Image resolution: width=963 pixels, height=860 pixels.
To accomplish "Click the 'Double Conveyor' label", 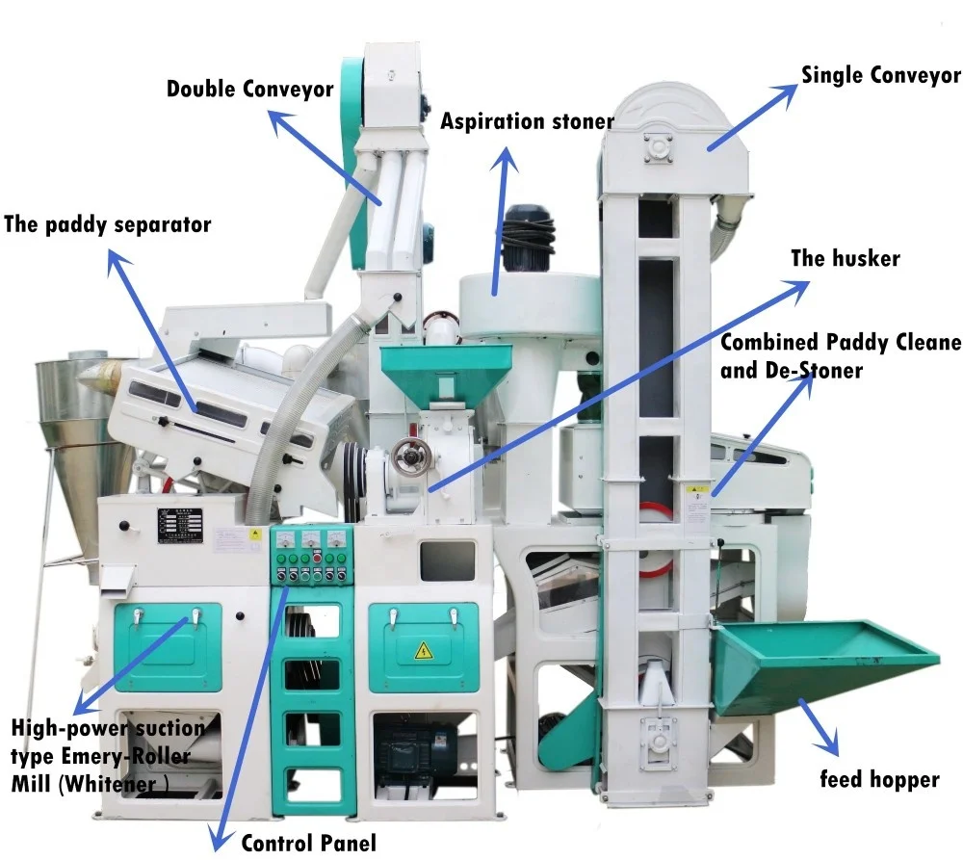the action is click(249, 90).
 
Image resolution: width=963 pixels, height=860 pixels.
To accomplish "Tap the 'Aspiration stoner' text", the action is click(527, 121).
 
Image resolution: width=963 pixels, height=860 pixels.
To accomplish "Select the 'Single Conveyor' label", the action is click(881, 75).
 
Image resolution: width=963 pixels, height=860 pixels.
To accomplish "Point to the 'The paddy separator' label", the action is click(107, 225).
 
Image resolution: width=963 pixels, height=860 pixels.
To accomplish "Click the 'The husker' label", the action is click(845, 258).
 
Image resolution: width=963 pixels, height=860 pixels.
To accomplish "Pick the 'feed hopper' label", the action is click(878, 778).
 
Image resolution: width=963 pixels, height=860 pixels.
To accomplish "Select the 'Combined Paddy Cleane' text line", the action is click(840, 342).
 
